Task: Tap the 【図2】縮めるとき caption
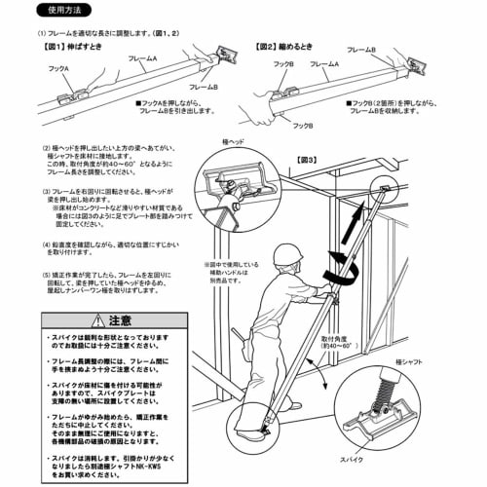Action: click(284, 46)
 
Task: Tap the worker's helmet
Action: click(285, 256)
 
